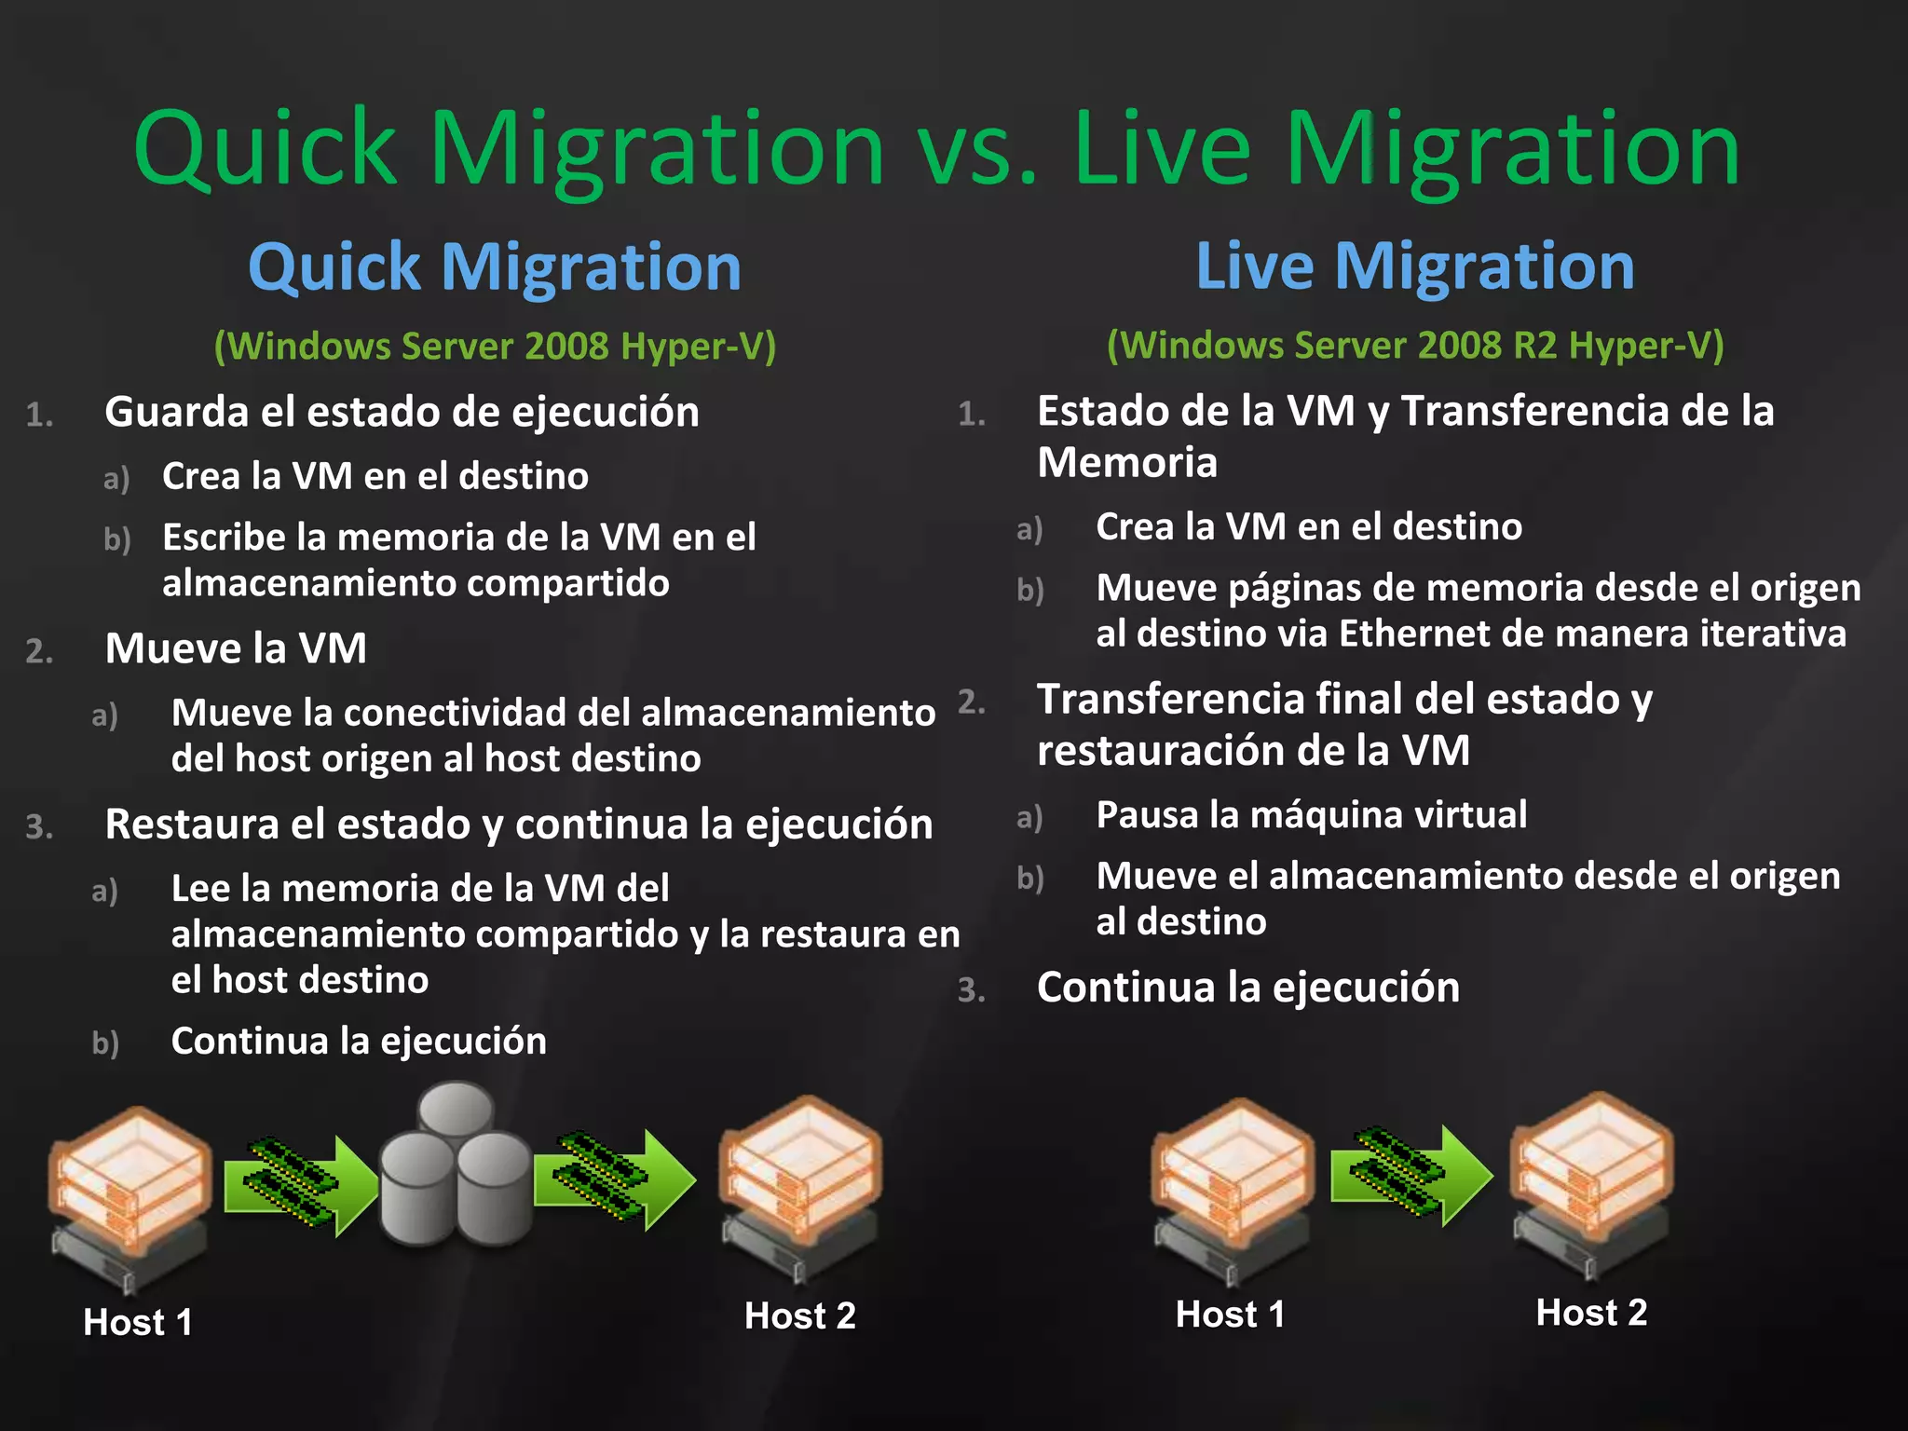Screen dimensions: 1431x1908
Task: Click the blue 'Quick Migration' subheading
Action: pyautogui.click(x=495, y=267)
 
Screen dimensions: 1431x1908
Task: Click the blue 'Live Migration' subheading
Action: pyautogui.click(x=1414, y=266)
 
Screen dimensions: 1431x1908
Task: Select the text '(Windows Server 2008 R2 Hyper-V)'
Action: pyautogui.click(x=1415, y=346)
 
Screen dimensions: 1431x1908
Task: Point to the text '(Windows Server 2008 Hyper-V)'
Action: pyautogui.click(x=495, y=347)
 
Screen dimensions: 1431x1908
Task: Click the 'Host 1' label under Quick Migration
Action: pyautogui.click(x=138, y=1322)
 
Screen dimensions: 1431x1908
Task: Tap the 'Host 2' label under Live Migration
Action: pyautogui.click(x=1591, y=1313)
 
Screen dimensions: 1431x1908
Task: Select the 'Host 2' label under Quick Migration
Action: pyautogui.click(x=799, y=1315)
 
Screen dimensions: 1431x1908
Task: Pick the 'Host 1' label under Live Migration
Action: pyautogui.click(x=1230, y=1315)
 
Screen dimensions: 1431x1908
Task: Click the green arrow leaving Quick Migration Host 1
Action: pyautogui.click(x=300, y=1184)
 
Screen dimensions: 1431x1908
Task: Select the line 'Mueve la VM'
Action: pyautogui.click(x=236, y=648)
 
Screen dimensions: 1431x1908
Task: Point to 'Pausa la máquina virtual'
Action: pyautogui.click(x=1311, y=815)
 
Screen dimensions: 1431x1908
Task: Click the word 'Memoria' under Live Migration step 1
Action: pyautogui.click(x=1127, y=463)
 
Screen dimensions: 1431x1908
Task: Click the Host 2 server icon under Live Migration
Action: pyautogui.click(x=1591, y=1183)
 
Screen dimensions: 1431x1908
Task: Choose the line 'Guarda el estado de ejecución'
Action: pyautogui.click(x=402, y=412)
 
